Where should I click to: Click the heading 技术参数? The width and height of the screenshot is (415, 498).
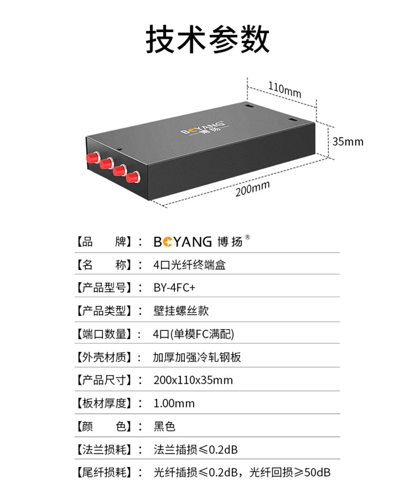[207, 40]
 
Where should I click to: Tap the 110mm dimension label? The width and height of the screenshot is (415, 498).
[285, 89]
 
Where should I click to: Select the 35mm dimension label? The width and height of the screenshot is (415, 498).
[347, 141]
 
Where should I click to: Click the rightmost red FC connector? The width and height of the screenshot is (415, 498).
[132, 177]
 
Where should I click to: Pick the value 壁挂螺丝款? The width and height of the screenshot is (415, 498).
[181, 310]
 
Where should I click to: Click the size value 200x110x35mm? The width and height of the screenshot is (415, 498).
[193, 380]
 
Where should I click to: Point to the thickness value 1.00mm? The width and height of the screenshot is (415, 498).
[174, 403]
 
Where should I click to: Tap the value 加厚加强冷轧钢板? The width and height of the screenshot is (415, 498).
[197, 357]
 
